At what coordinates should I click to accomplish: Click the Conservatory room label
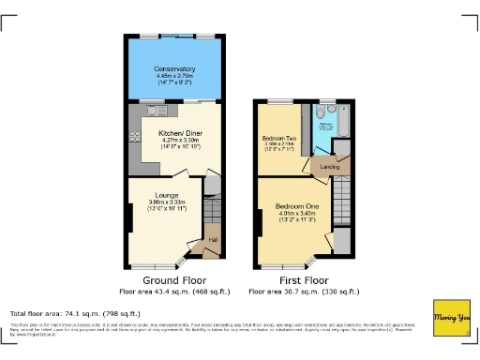tap(175, 69)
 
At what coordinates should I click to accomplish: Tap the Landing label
tap(329, 167)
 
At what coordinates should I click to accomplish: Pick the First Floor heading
tap(302, 280)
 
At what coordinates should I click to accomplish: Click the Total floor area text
tap(75, 313)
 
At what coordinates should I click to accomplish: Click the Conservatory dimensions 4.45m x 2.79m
tap(175, 77)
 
